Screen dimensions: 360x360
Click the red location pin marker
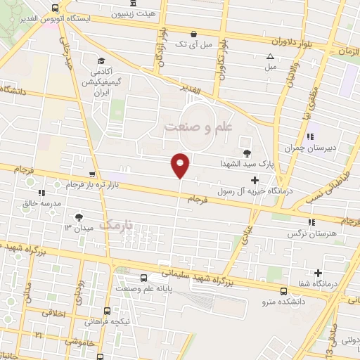(181, 165)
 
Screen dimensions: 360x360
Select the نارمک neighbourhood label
(117, 225)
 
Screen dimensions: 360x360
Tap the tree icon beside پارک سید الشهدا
(246, 153)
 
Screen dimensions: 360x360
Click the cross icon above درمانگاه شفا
(319, 273)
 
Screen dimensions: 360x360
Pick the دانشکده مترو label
(282, 302)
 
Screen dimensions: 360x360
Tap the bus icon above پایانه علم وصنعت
(143, 278)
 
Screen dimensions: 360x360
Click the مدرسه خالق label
(43, 202)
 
